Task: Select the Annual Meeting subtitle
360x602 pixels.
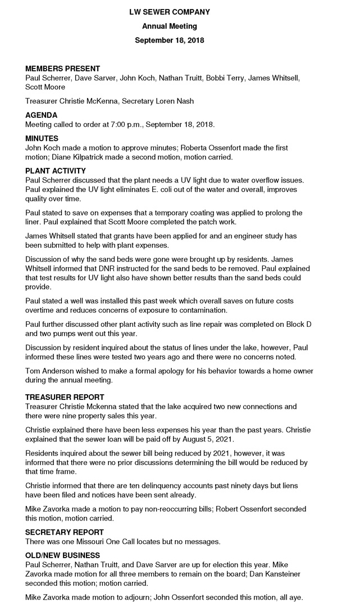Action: tap(169, 26)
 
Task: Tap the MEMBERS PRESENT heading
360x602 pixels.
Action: tap(62, 69)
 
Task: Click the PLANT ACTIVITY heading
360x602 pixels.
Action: tap(56, 171)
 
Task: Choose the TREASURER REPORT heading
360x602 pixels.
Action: tap(65, 398)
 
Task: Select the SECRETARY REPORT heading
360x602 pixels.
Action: tap(65, 532)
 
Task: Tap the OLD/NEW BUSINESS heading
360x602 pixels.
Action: tap(62, 556)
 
